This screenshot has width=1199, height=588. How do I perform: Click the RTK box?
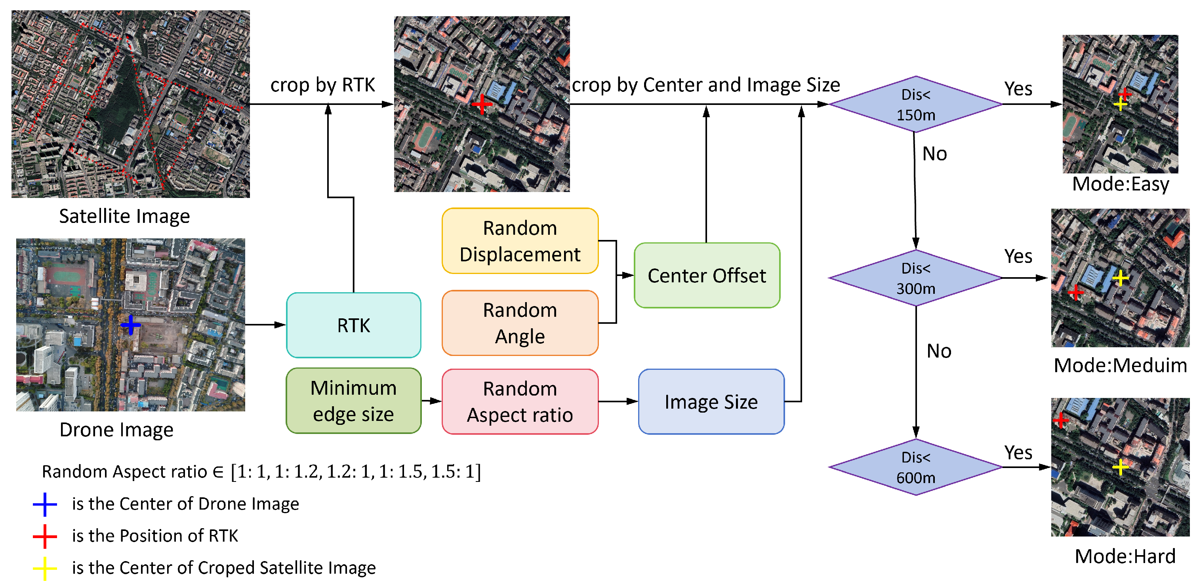tap(353, 325)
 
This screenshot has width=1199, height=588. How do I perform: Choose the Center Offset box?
tap(706, 276)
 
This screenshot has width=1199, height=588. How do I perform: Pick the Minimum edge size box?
tap(353, 401)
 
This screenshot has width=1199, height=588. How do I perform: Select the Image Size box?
tap(711, 402)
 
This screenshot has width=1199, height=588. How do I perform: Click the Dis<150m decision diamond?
tap(915, 104)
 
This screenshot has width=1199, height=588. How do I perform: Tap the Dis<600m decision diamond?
tap(915, 467)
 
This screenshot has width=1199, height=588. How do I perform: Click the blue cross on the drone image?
tap(131, 325)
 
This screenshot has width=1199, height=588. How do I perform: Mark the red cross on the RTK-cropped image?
tap(482, 104)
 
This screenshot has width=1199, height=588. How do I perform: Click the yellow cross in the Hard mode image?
tap(1120, 466)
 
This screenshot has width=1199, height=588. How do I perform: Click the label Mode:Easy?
tap(1120, 184)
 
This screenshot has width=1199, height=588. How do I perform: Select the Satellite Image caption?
tap(124, 216)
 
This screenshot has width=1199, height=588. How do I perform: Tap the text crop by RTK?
tap(322, 85)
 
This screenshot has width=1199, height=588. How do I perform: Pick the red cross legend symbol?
tap(45, 536)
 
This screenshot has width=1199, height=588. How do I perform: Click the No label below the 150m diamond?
tap(934, 154)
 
